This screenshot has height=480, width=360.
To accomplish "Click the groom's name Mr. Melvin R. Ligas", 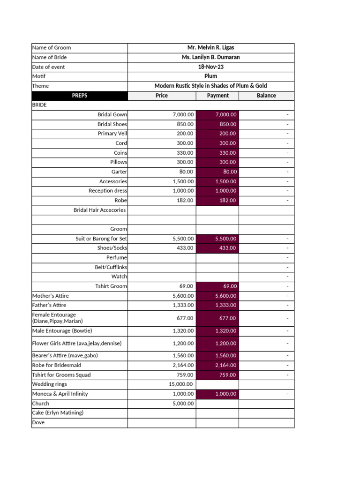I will click(210, 48).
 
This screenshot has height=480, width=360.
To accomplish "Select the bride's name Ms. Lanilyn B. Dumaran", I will click(210, 57).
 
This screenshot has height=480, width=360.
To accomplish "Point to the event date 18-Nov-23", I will click(210, 67).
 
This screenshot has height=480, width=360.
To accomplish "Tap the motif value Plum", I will click(210, 76).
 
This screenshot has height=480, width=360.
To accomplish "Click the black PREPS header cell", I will click(80, 96).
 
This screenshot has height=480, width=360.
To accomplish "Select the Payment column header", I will click(217, 96).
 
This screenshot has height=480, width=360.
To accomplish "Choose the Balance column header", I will click(266, 96).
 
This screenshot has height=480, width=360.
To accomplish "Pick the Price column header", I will click(162, 96).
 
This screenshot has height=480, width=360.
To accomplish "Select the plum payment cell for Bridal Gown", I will click(217, 115).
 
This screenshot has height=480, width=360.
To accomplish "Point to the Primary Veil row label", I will click(112, 134).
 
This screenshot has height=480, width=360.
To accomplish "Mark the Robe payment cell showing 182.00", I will click(217, 201).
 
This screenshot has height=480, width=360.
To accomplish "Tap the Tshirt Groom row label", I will click(111, 286).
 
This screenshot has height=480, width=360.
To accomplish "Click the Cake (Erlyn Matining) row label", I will click(58, 413).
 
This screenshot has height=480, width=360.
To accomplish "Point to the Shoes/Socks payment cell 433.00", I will click(217, 248).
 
